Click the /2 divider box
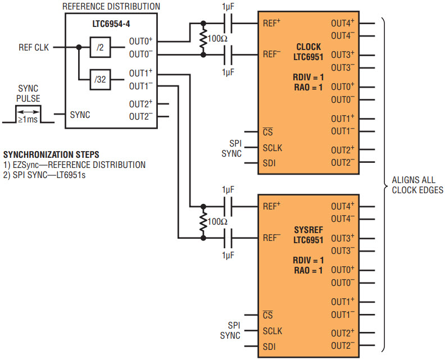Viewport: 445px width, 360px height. click(100, 47)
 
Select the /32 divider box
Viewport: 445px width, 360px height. click(100, 79)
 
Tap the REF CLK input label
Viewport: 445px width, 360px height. click(34, 47)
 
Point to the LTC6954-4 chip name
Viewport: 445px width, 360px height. click(111, 24)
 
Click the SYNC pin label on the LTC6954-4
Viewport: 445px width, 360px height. click(80, 115)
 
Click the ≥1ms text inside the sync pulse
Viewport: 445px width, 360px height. click(28, 120)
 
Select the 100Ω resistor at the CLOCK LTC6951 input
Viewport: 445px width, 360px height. click(203, 39)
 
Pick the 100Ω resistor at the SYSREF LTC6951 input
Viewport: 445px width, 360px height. click(203, 222)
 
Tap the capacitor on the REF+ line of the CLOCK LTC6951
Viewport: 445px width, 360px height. click(228, 23)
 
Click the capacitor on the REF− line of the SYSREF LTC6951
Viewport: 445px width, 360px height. click(228, 238)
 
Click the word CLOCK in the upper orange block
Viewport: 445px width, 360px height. click(308, 47)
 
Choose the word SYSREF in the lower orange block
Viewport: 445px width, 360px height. click(308, 230)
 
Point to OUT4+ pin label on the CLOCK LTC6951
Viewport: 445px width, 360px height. click(343, 23)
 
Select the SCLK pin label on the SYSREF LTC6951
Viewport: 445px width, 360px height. click(273, 331)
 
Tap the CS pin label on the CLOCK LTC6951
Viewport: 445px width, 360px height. click(267, 131)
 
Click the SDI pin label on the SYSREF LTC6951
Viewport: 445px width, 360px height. click(269, 347)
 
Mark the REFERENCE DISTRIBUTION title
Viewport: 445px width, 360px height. click(111, 7)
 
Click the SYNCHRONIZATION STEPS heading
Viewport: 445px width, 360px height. click(51, 154)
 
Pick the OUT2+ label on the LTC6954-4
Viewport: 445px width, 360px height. click(141, 104)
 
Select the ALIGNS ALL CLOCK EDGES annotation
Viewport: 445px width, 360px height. click(417, 185)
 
